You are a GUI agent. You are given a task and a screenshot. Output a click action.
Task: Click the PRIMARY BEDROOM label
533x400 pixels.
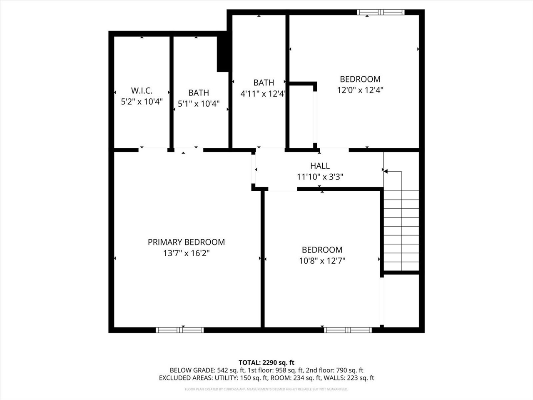point(186,242)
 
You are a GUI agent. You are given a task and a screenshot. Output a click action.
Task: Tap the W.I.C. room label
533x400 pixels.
point(142,90)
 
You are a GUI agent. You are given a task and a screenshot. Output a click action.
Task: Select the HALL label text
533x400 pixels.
point(320,166)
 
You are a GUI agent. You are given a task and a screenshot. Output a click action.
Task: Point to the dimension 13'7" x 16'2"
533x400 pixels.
point(186,253)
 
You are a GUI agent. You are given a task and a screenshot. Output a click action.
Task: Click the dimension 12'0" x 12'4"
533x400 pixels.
point(360,90)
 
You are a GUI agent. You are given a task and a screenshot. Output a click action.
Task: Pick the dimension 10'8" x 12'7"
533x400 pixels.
point(322,261)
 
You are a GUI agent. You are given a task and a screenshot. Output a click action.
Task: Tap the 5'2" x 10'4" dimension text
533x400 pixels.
point(142,101)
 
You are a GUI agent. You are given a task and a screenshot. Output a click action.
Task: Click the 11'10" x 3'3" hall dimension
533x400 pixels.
point(320,177)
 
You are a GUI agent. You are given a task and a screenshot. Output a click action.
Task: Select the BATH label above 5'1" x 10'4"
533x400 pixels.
point(199,93)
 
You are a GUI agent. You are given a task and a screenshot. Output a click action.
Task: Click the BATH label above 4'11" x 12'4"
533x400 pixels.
point(264,82)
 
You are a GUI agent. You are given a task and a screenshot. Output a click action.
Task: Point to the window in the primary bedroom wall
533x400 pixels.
point(179,330)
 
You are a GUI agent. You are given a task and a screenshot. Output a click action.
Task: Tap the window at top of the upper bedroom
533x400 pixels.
point(381,12)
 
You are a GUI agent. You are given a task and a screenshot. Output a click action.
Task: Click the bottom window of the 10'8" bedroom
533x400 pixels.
point(348,330)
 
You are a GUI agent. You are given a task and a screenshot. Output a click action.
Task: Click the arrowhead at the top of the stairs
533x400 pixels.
point(386,171)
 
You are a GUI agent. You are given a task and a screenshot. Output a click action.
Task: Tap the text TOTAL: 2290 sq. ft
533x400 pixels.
point(266,362)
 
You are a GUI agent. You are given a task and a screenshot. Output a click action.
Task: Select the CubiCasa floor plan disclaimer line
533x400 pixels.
point(266,389)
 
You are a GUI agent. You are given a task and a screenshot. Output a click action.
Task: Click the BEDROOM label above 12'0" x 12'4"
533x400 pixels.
point(360,79)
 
